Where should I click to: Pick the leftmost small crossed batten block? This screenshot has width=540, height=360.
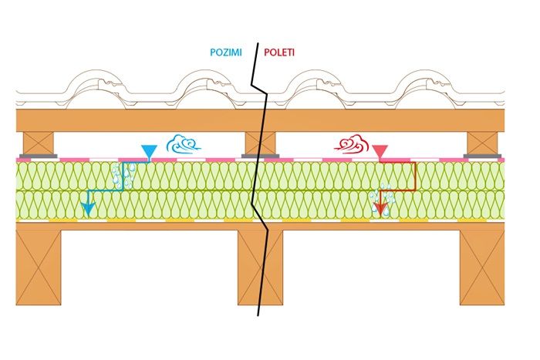click(x=39, y=142)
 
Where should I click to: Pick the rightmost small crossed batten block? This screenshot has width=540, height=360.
click(x=484, y=142)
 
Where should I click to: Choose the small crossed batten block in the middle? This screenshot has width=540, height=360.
click(x=261, y=142)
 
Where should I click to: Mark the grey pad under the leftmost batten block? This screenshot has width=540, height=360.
click(x=39, y=156)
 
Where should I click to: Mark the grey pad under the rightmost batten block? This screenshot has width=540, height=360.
click(x=484, y=156)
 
